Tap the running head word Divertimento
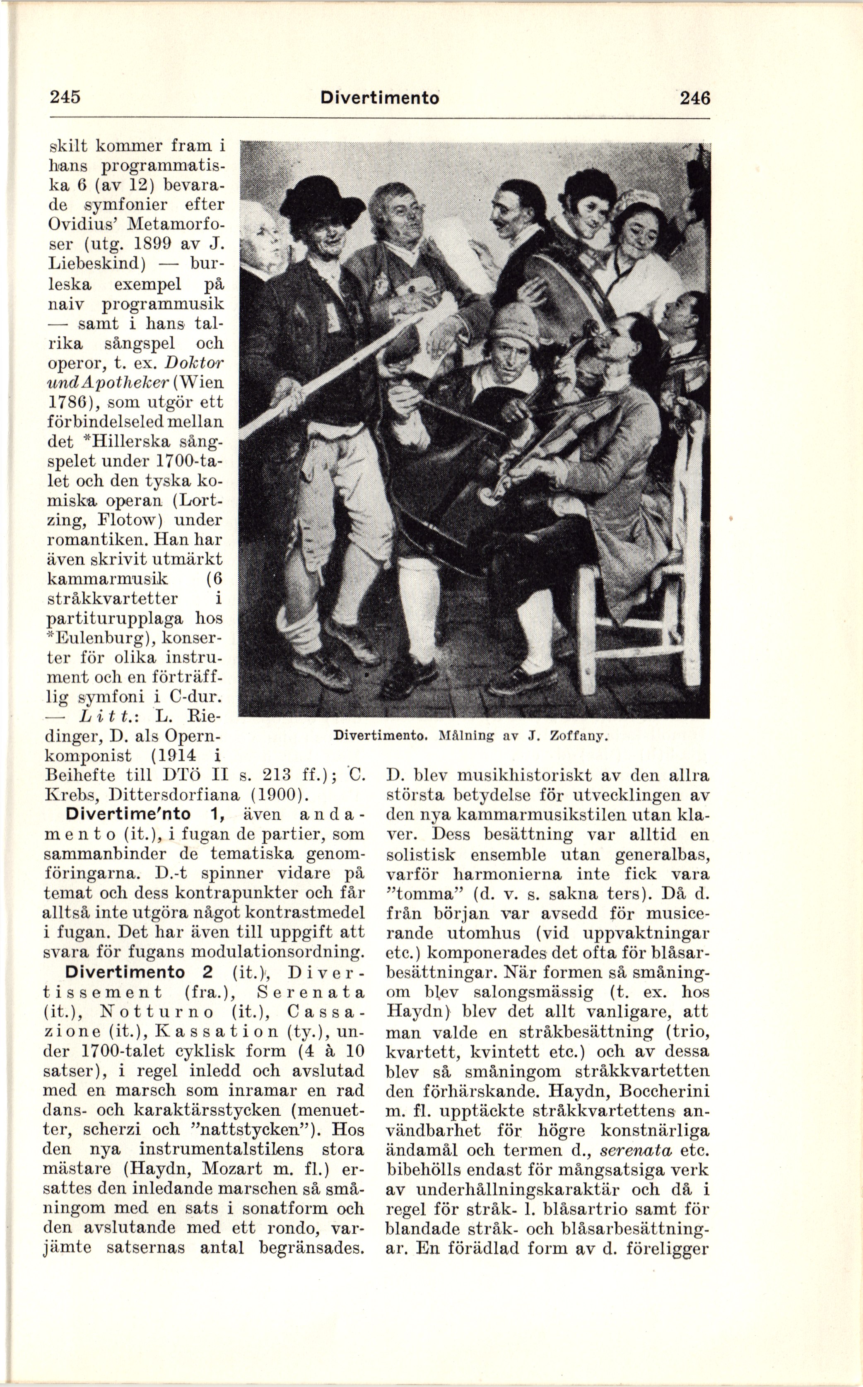pyautogui.click(x=380, y=98)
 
